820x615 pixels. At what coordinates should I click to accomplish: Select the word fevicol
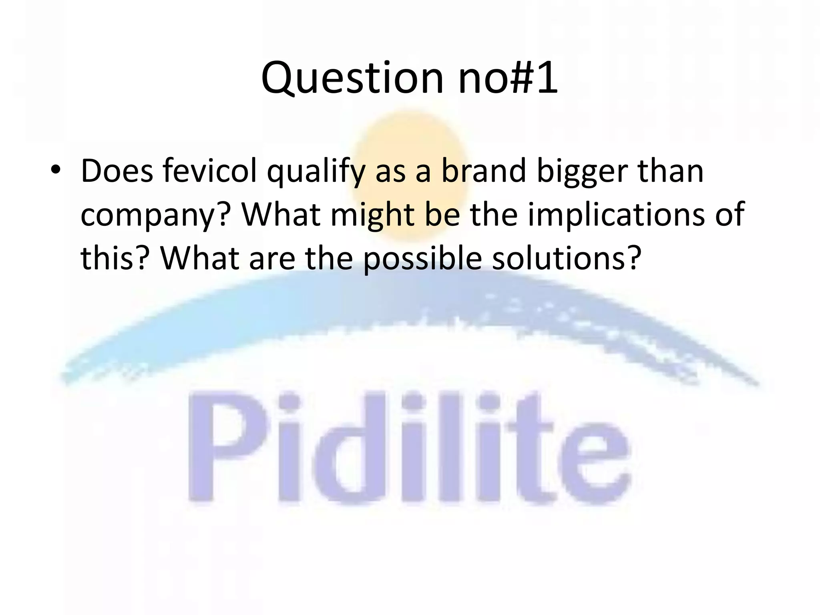click(x=210, y=171)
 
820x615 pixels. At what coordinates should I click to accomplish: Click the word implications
click(x=616, y=215)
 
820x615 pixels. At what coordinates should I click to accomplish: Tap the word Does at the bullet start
click(x=117, y=171)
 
